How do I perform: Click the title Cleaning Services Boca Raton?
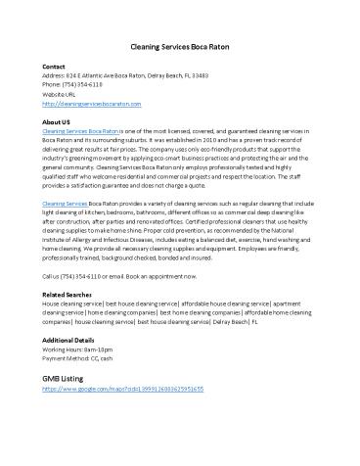point(180,47)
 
